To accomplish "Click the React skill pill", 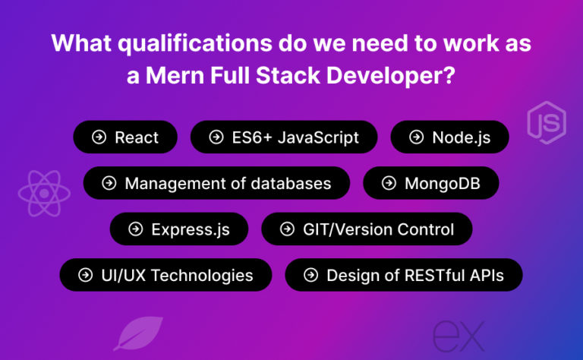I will click(125, 137).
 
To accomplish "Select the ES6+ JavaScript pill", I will click(283, 137).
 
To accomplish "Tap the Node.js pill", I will click(449, 137).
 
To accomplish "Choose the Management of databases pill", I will click(216, 183).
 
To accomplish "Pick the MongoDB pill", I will click(431, 183).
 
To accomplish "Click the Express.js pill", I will click(180, 229).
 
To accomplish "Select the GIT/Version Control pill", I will click(367, 229).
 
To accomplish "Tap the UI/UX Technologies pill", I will click(165, 275).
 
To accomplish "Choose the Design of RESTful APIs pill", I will click(403, 275).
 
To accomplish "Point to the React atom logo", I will click(44, 193).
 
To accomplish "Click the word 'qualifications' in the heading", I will click(174, 44).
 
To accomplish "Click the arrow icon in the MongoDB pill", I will click(389, 183).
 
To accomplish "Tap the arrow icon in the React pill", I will click(99, 137).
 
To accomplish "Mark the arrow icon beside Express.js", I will click(136, 229).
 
